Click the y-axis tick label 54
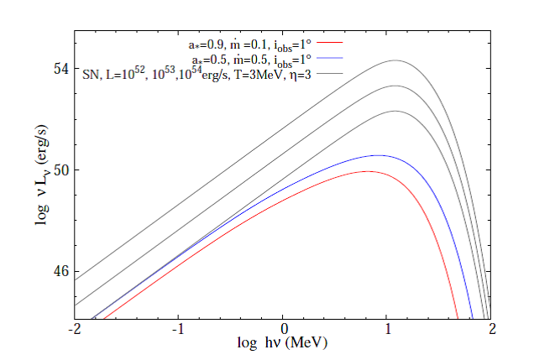coord(61,68)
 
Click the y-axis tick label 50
coord(61,170)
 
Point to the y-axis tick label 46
coord(61,273)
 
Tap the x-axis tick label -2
coord(76,331)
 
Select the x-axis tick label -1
coord(179,331)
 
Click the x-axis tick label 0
coord(284,331)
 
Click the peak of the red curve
coord(367,171)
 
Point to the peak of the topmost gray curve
coord(395,60)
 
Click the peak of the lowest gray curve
coord(395,111)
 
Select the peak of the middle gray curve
coord(395,86)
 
